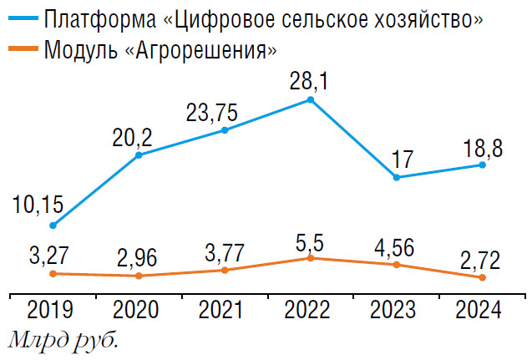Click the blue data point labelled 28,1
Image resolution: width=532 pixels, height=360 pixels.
(311, 100)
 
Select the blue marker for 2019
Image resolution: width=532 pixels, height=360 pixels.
(53, 226)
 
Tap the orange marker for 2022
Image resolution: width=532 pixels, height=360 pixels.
(311, 258)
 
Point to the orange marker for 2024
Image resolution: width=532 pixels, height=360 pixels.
(483, 276)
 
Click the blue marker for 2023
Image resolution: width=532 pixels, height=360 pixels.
(397, 177)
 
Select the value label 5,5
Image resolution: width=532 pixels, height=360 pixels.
(312, 240)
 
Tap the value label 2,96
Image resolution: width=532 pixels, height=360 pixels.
(138, 256)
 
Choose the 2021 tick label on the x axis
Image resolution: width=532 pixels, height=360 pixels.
(223, 311)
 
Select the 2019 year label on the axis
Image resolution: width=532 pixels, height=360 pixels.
(51, 311)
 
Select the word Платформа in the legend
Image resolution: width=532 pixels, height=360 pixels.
(92, 18)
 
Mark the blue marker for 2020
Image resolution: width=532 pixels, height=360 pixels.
(139, 155)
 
